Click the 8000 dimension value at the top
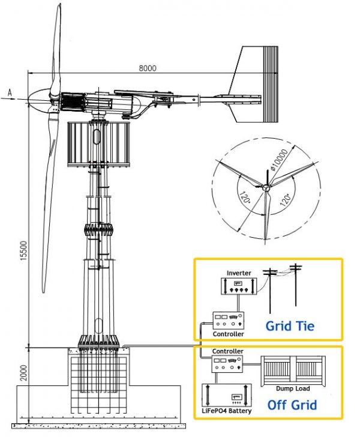148,68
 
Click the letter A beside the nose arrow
10,91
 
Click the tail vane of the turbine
255,83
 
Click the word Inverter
238,273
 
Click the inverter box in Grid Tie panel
238,286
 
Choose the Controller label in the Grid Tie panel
229,334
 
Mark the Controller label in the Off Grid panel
227,351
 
